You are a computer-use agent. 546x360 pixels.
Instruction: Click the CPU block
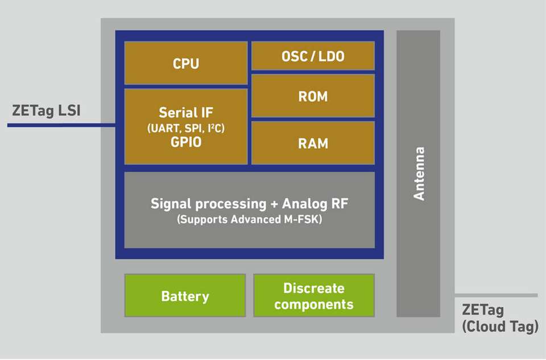tap(186, 63)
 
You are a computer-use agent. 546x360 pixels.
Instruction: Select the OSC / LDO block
tap(313, 56)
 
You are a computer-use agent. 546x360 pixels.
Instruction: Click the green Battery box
tap(185, 296)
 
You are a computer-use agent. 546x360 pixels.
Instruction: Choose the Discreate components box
tap(313, 296)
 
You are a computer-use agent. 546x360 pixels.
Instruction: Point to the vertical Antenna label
tap(419, 173)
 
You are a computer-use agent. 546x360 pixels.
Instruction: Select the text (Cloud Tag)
tap(500, 327)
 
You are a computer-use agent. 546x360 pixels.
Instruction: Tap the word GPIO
tap(186, 142)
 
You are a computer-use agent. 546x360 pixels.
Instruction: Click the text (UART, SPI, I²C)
tap(186, 129)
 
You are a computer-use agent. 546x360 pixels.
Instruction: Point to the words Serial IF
tap(186, 113)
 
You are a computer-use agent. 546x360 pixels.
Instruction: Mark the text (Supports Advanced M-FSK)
tap(249, 219)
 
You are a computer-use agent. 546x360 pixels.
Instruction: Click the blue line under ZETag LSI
tap(57, 125)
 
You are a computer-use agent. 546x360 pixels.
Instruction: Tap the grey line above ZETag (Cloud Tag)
tap(495, 295)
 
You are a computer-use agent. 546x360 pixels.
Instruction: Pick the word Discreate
tap(313, 288)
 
